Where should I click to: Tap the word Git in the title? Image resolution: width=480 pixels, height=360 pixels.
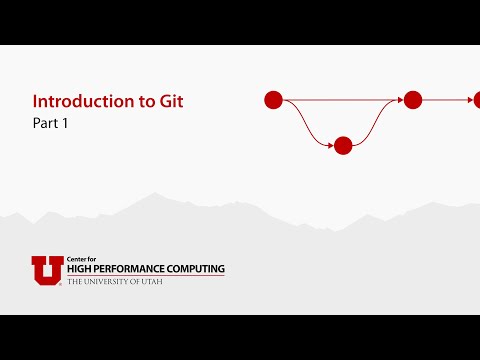172,101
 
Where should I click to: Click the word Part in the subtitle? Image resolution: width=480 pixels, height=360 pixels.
44,125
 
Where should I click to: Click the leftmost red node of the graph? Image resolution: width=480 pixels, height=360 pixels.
273,100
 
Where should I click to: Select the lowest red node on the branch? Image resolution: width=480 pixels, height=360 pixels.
343,146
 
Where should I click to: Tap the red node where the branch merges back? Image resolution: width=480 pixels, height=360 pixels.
413,100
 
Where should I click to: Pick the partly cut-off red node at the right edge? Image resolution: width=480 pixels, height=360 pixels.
477,100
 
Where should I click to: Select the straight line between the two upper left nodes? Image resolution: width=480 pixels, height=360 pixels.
340,100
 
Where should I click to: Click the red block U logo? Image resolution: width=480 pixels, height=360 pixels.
47,270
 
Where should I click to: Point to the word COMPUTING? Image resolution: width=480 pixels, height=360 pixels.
196,270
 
